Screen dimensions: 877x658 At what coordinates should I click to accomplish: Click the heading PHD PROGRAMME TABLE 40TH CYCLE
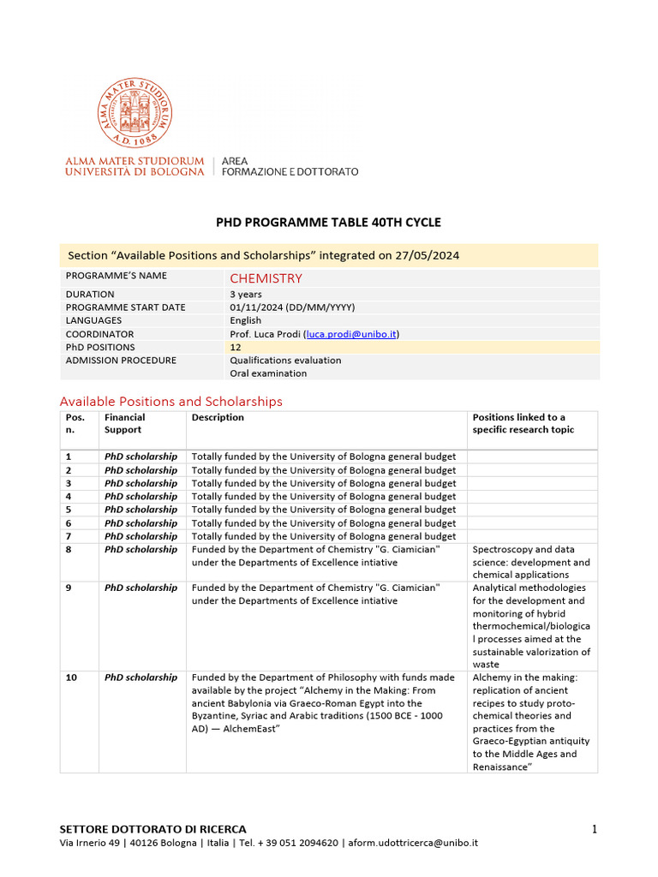click(328, 223)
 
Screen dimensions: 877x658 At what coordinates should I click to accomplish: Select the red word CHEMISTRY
click(266, 278)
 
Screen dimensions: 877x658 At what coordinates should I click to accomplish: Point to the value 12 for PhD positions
click(235, 347)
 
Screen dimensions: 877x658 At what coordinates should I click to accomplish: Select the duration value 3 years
click(246, 294)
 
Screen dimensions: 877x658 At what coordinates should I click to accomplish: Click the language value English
click(246, 320)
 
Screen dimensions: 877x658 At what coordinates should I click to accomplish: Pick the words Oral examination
click(268, 373)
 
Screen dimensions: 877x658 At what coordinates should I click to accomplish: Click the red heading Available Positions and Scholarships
click(170, 401)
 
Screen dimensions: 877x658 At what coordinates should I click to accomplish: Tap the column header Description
click(218, 418)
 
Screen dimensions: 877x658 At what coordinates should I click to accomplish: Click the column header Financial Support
click(125, 423)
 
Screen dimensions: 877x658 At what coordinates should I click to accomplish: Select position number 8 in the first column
click(69, 550)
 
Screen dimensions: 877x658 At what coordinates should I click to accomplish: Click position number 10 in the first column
click(71, 677)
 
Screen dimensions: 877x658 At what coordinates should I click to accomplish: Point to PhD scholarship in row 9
click(141, 588)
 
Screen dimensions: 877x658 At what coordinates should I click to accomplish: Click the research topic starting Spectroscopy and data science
click(531, 563)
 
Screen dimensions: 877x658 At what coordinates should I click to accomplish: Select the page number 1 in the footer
click(593, 828)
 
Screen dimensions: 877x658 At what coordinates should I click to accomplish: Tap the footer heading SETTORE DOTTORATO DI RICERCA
click(153, 829)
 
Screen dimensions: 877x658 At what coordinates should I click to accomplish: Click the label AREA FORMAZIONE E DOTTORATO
click(290, 166)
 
